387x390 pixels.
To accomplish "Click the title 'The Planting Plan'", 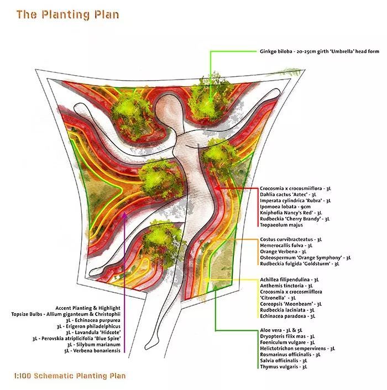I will point(67,14).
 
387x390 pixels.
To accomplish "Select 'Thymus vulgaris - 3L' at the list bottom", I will point(283,366).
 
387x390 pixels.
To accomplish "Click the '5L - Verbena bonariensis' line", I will point(92,350).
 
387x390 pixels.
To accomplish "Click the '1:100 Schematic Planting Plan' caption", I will point(70,376).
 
